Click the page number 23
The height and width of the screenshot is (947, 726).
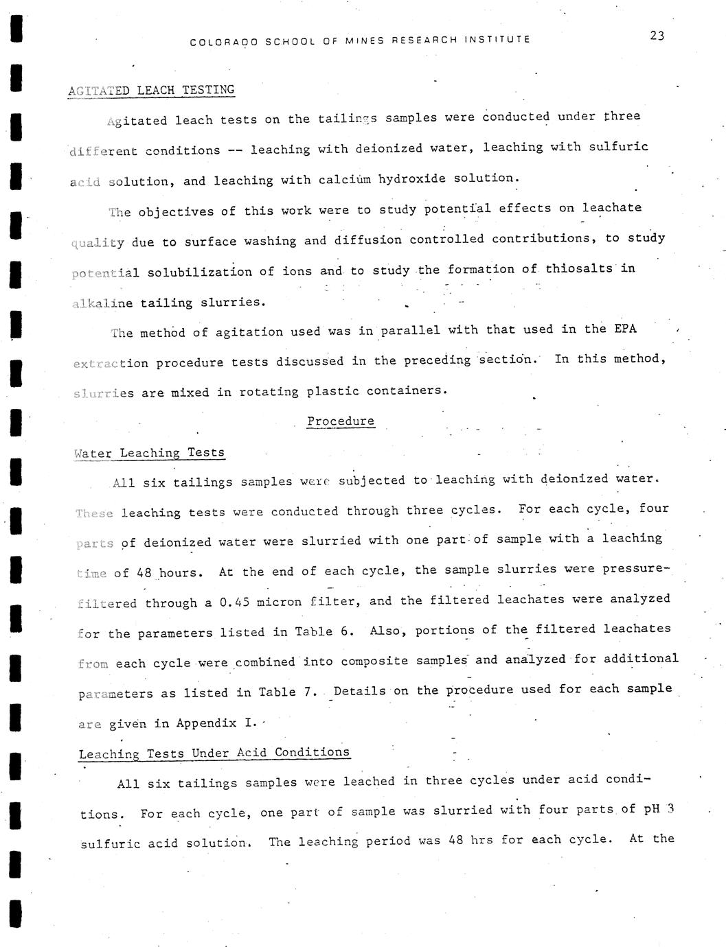click(657, 36)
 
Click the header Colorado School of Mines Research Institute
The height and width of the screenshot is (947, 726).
click(359, 40)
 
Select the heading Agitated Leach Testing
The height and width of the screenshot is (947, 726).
click(151, 91)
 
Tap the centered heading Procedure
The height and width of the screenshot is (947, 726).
click(341, 421)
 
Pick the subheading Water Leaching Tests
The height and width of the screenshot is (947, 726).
click(149, 453)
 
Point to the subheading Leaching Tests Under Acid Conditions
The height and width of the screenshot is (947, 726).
click(214, 753)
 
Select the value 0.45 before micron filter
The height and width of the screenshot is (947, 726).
click(234, 603)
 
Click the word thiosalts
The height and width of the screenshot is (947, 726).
click(578, 268)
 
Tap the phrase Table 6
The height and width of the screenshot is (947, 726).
click(323, 632)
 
